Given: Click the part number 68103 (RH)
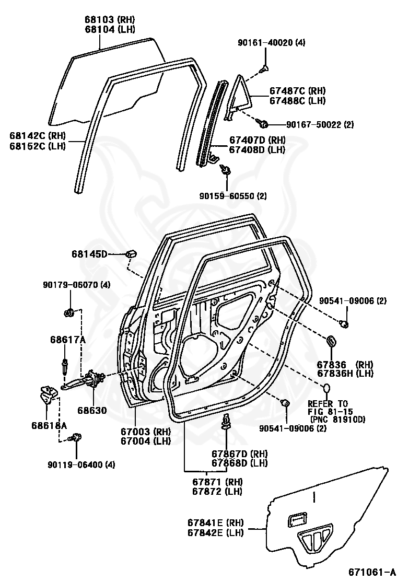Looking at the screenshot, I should pyautogui.click(x=110, y=20).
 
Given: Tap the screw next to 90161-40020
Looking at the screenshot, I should pyautogui.click(x=264, y=67).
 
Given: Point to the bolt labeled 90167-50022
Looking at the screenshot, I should pyautogui.click(x=263, y=124).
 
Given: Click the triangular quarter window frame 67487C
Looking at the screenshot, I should pyautogui.click(x=239, y=94).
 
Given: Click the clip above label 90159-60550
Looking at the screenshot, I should pyautogui.click(x=227, y=169).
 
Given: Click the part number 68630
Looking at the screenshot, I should pyautogui.click(x=92, y=411).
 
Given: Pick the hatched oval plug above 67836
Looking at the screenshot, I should pyautogui.click(x=330, y=341).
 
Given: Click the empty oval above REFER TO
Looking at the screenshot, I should pyautogui.click(x=326, y=388).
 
